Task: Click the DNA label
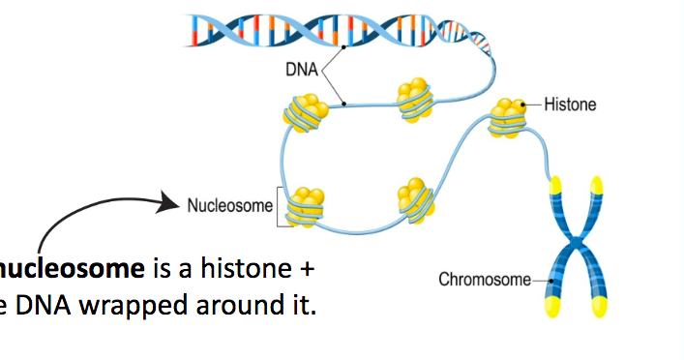coord(300,71)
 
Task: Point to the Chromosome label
coord(485,280)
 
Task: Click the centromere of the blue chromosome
coord(577,242)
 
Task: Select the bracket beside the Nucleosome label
coord(281,206)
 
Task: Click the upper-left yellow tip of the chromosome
coord(555,184)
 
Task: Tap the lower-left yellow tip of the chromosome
coord(555,307)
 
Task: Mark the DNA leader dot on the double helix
coord(343,45)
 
